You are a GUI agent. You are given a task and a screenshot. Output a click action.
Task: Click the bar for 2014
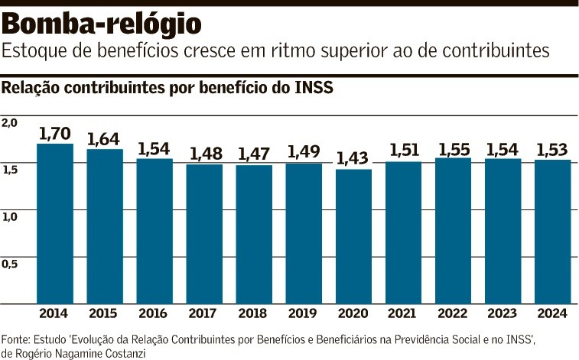pyautogui.click(x=55, y=223)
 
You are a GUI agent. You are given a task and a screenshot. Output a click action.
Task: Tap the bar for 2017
pyautogui.click(x=204, y=233)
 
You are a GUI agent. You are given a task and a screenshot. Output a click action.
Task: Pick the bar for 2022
pyautogui.click(x=453, y=230)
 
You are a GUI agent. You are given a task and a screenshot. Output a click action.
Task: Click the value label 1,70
pyautogui.click(x=55, y=134)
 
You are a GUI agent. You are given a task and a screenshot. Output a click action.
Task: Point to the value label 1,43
pyautogui.click(x=353, y=159)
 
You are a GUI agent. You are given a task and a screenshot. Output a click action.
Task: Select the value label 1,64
pyautogui.click(x=105, y=139)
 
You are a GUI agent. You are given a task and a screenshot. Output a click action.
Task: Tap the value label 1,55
pyautogui.click(x=453, y=148)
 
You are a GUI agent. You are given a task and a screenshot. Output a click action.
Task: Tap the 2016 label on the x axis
pyautogui.click(x=155, y=313)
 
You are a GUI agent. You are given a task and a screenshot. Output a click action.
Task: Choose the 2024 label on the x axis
pyautogui.click(x=552, y=313)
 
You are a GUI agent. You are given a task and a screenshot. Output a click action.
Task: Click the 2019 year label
pyautogui.click(x=304, y=313)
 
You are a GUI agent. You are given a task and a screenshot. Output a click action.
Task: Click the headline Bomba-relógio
pyautogui.click(x=102, y=24)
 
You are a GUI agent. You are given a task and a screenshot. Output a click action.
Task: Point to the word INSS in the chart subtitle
pyautogui.click(x=314, y=87)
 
